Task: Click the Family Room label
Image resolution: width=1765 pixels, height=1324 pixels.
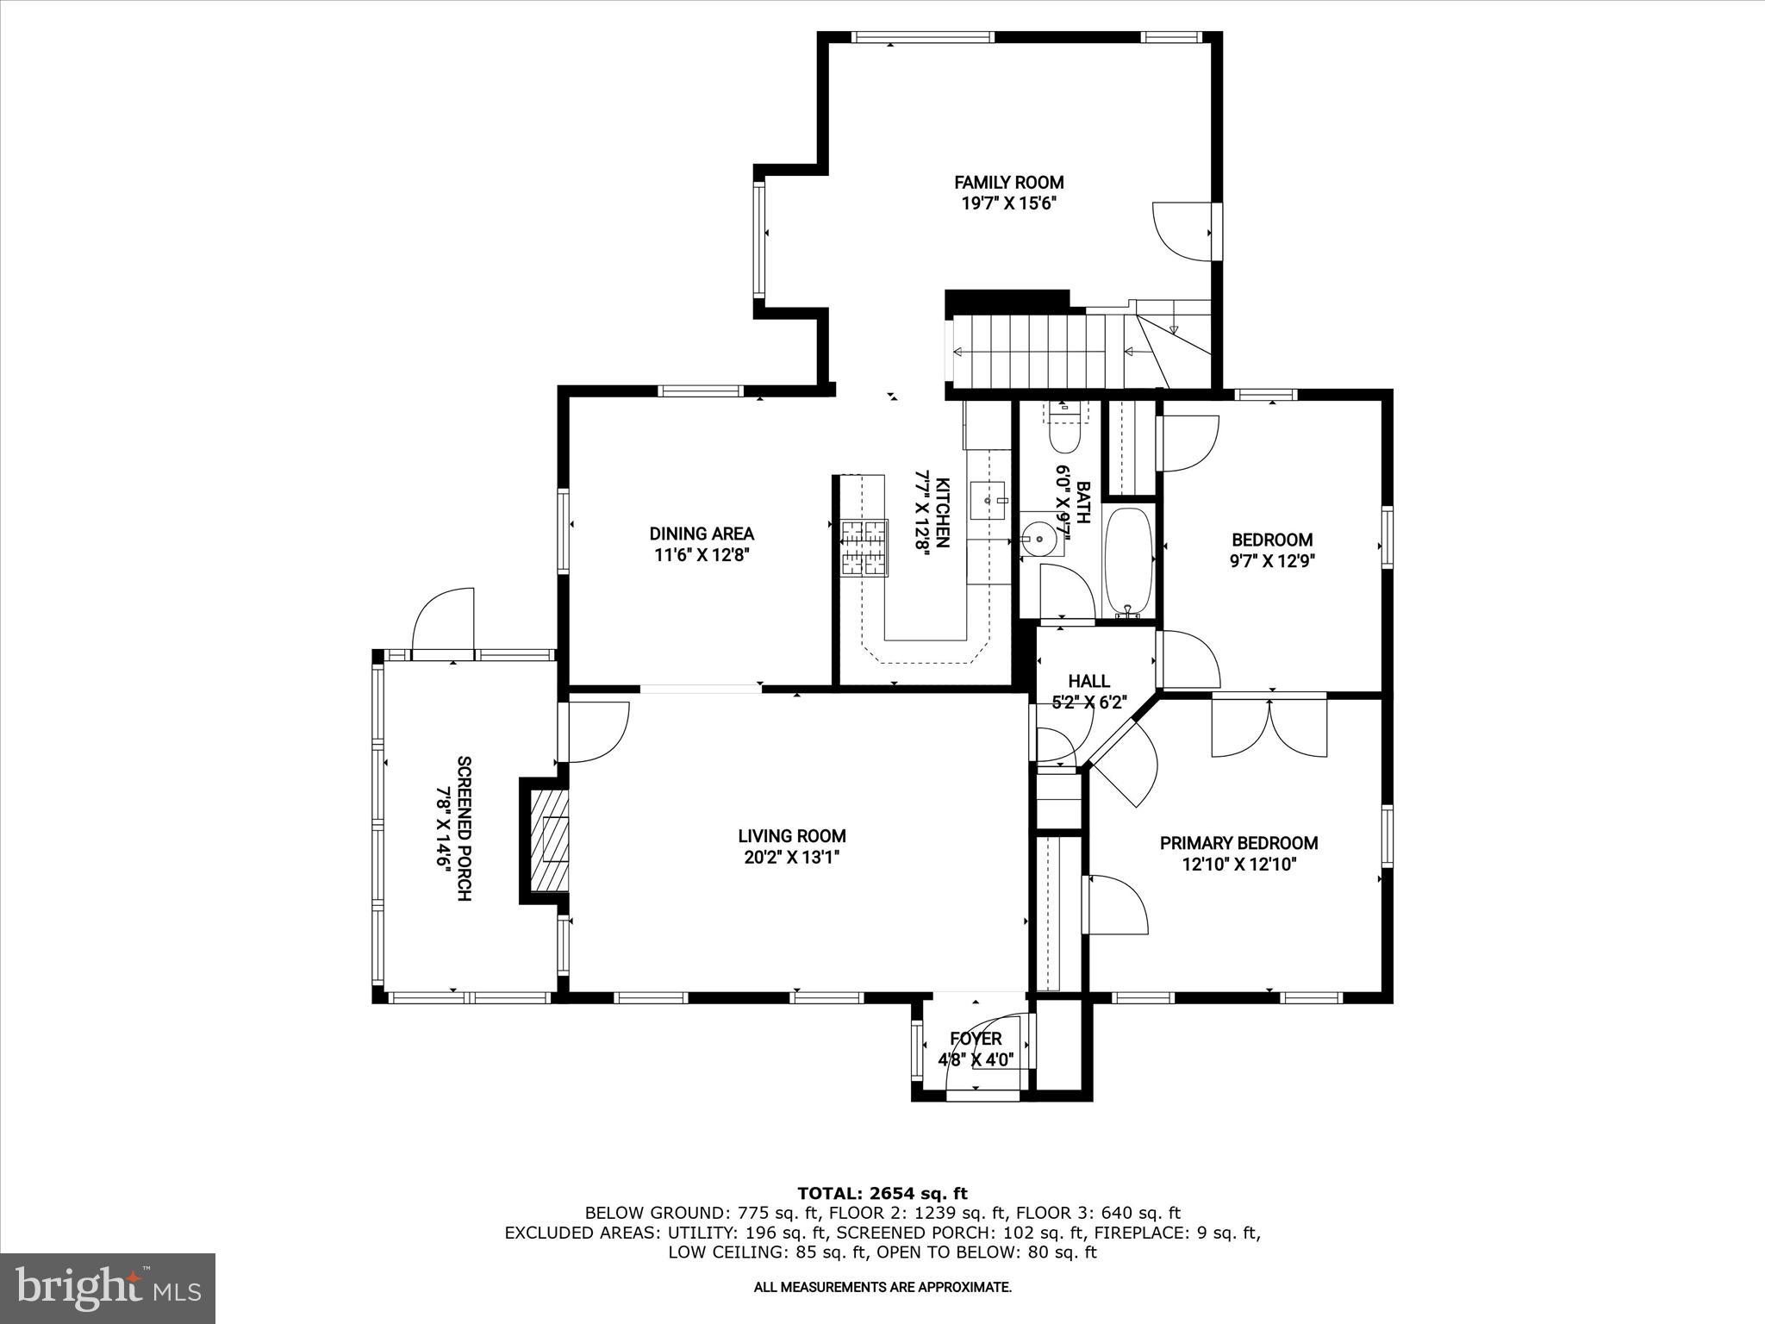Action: pyautogui.click(x=1008, y=182)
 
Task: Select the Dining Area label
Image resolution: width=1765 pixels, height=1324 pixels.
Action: pyautogui.click(x=702, y=534)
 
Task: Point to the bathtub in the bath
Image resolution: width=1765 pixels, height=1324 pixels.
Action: pyautogui.click(x=1128, y=560)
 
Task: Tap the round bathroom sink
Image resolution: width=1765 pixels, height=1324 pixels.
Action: pyautogui.click(x=1038, y=540)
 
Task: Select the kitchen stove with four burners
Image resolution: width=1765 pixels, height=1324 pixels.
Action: pyautogui.click(x=864, y=547)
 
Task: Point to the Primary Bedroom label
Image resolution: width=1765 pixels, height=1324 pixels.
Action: pyautogui.click(x=1238, y=843)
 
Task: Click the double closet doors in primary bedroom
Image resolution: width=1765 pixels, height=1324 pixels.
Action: pyautogui.click(x=1269, y=727)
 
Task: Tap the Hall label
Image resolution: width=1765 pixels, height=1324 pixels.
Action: pyautogui.click(x=1088, y=682)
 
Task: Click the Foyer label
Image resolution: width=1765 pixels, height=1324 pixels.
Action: pyautogui.click(x=976, y=1039)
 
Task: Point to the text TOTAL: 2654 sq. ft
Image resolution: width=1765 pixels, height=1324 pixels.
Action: pyautogui.click(x=882, y=1193)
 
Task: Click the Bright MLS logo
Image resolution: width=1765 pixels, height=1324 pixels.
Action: pyautogui.click(x=108, y=1288)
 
